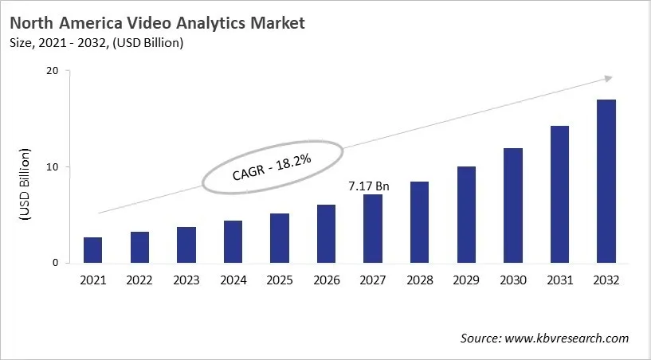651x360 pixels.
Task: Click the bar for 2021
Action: point(92,250)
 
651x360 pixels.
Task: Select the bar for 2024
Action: point(233,242)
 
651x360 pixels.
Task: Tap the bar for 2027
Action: point(372,229)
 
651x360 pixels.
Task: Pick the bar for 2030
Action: point(512,205)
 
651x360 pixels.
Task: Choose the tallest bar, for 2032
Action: point(606,182)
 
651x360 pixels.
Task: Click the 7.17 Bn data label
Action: point(369,186)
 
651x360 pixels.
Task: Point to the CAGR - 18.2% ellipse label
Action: point(273,167)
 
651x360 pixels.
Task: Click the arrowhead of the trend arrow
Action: point(608,78)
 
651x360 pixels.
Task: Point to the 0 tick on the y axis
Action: point(56,263)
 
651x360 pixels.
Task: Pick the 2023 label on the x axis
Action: point(186,280)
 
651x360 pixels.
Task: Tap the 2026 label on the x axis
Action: point(326,280)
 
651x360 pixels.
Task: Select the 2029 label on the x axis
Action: point(465,280)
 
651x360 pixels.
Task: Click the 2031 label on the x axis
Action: point(559,280)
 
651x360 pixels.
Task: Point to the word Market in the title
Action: point(275,23)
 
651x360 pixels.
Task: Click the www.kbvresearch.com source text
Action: point(567,338)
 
